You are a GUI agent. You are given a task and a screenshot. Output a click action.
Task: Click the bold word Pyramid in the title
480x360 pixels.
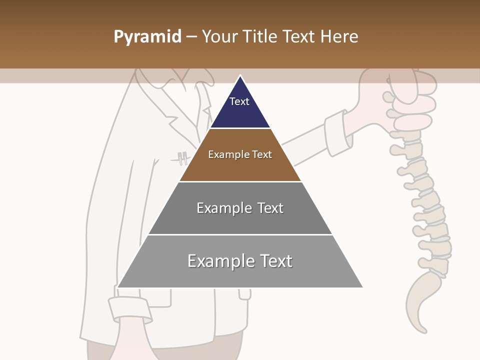point(147,37)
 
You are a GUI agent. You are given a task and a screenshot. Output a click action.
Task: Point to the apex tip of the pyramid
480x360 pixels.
point(240,76)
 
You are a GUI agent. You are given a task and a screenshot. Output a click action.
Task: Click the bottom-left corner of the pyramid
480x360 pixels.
point(118,287)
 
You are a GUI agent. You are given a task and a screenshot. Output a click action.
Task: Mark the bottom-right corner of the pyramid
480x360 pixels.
point(362,287)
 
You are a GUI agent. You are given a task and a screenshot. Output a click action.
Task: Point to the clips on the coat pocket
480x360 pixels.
point(183,158)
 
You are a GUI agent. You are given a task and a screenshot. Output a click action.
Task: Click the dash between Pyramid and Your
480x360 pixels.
point(191,37)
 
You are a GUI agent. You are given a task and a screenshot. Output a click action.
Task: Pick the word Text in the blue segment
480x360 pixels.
point(239,101)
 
